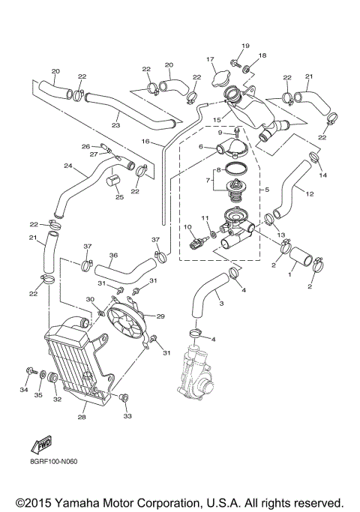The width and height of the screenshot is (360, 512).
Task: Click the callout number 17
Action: pos(211,59)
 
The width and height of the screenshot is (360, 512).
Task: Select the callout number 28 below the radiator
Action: pos(82,417)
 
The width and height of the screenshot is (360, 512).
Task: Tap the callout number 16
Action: pos(146,142)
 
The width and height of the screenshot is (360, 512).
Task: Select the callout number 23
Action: pos(115,125)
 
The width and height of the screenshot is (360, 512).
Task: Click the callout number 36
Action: pos(113,255)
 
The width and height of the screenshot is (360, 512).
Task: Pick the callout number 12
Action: pos(308,193)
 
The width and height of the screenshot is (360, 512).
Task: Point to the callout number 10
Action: pos(187,226)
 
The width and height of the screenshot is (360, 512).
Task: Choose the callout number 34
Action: pos(22,390)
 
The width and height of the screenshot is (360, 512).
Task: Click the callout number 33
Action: pos(127,415)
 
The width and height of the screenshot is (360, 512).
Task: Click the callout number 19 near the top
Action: pos(245,46)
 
